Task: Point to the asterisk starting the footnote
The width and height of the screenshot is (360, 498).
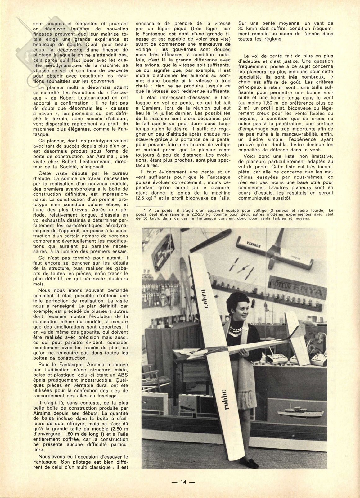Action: pos(145,210)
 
